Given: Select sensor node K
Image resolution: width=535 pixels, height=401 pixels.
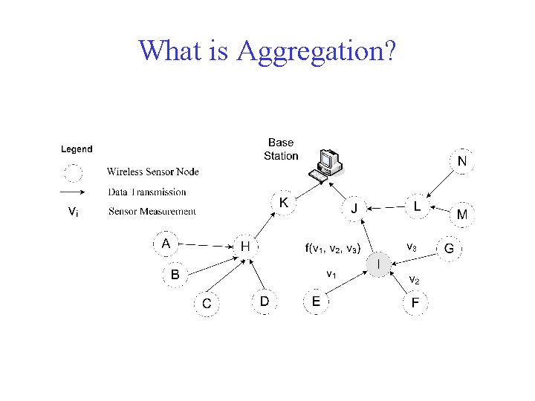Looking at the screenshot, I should click(x=284, y=202).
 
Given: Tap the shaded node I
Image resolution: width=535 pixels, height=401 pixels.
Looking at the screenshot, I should click(x=380, y=264).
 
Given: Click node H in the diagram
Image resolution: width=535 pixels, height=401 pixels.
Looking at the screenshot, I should click(x=244, y=246).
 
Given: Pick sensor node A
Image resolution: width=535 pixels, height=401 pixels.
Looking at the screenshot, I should click(x=166, y=243).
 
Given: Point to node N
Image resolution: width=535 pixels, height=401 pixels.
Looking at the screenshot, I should click(x=462, y=161).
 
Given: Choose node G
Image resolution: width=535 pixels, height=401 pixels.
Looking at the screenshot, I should click(x=449, y=248).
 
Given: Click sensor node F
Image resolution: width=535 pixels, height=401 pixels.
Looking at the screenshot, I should click(x=415, y=303).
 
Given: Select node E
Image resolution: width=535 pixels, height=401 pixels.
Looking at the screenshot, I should click(x=316, y=301).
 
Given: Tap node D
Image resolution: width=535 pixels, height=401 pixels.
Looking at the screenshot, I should click(x=264, y=301).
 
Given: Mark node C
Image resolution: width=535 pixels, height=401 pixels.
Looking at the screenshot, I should click(x=207, y=304).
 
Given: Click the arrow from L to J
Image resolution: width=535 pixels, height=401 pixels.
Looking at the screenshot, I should click(x=388, y=207).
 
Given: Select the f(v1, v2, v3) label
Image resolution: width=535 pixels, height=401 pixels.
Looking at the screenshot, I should click(x=333, y=248).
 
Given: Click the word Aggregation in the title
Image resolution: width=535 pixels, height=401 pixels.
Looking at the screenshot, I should click(x=316, y=50).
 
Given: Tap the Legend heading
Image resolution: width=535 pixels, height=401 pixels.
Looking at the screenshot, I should click(x=77, y=149).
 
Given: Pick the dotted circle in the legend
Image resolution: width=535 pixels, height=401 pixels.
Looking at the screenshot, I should click(x=73, y=173).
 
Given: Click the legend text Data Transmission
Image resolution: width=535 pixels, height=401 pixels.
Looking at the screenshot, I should click(x=147, y=192).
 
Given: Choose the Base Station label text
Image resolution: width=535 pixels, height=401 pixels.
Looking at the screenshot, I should click(x=281, y=149).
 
